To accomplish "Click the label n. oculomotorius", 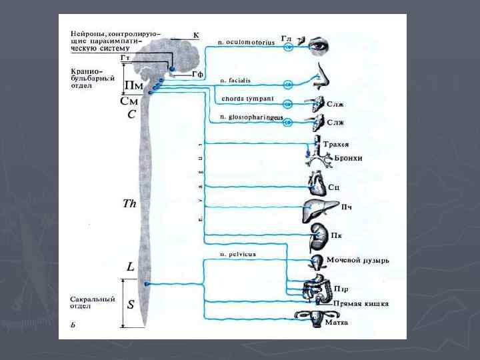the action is (x=246, y=42).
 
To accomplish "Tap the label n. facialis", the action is (x=235, y=79).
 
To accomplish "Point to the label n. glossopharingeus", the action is (x=251, y=117).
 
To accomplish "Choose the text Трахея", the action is (x=335, y=144).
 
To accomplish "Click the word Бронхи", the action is (x=350, y=159).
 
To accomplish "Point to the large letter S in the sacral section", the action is (x=131, y=305).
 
